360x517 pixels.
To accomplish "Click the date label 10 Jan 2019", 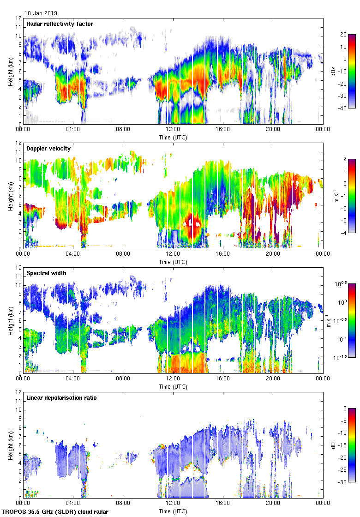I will (x=41, y=13).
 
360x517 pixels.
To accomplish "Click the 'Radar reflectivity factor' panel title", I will (x=60, y=24).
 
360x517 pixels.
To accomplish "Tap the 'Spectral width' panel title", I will (x=46, y=273).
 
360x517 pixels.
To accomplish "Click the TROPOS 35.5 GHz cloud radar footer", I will (x=55, y=512).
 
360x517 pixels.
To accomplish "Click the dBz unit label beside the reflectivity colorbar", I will (x=333, y=71).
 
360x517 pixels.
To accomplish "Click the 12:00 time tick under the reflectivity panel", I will (x=173, y=130).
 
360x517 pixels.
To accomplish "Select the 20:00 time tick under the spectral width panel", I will (x=273, y=379).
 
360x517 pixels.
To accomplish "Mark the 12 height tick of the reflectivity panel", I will (x=18, y=18).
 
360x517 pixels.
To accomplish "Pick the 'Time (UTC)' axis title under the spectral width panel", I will (x=173, y=387).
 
